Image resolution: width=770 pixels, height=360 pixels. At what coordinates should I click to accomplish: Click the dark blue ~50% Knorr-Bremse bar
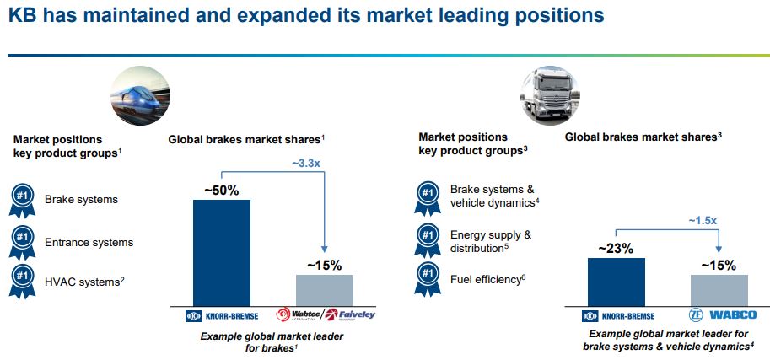[x=222, y=253]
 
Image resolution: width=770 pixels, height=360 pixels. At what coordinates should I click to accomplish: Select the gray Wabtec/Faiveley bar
[x=325, y=290]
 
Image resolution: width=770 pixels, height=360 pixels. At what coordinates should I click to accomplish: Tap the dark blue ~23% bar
[x=616, y=282]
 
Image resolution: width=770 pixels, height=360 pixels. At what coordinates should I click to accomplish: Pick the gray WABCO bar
[x=719, y=290]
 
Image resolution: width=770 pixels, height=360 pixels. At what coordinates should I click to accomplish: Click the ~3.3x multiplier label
[x=306, y=164]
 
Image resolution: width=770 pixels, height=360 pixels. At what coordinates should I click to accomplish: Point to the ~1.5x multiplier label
[x=702, y=221]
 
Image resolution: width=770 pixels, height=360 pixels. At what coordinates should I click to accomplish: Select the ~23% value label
[x=616, y=249]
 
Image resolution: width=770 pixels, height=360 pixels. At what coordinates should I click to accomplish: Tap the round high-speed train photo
[x=140, y=95]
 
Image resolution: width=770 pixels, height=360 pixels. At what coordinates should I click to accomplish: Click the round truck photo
[x=550, y=95]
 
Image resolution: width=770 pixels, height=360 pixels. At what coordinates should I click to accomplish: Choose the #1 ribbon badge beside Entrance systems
[x=22, y=243]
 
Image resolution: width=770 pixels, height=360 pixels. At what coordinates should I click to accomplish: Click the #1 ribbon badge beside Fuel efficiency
[x=428, y=279]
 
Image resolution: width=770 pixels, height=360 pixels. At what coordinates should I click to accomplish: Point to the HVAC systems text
[x=84, y=282]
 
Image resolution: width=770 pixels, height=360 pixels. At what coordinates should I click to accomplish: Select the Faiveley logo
[x=351, y=314]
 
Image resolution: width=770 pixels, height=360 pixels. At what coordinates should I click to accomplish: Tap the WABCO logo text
[x=733, y=314]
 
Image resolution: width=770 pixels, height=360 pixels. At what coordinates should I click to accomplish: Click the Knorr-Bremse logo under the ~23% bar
[x=617, y=316]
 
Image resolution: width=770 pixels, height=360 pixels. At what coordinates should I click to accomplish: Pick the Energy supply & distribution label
[x=491, y=242]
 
